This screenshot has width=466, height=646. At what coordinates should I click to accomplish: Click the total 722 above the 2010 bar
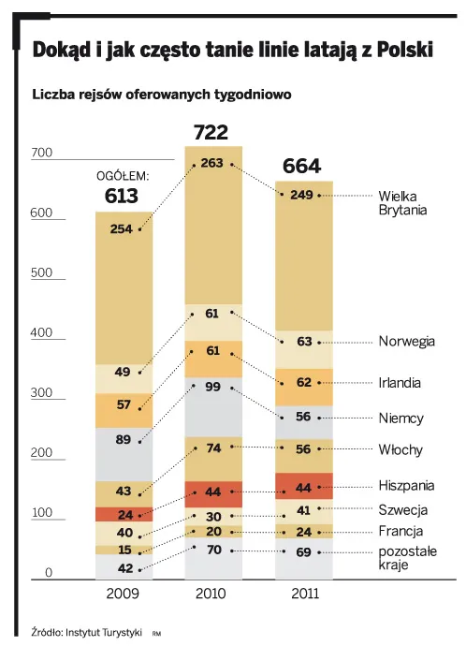(x=211, y=132)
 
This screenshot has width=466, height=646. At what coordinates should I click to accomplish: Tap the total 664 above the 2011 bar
(x=300, y=167)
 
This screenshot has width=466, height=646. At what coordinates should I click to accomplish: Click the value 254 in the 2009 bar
(x=122, y=229)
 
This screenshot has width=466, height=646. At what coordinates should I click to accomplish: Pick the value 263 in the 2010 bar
(x=211, y=164)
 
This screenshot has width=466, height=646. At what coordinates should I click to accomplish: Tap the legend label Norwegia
(x=406, y=342)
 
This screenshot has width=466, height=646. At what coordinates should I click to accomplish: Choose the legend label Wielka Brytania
(x=402, y=203)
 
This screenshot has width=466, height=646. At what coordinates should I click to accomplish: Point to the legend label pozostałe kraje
(x=407, y=559)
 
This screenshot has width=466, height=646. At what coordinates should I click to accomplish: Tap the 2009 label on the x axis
(x=123, y=594)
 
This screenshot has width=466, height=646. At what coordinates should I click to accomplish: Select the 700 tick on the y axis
(x=43, y=154)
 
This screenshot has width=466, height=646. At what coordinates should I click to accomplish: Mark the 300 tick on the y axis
(x=43, y=394)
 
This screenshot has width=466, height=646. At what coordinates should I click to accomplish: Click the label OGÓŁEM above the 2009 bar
(x=123, y=175)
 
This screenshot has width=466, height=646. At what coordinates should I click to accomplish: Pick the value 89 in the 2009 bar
(x=122, y=441)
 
